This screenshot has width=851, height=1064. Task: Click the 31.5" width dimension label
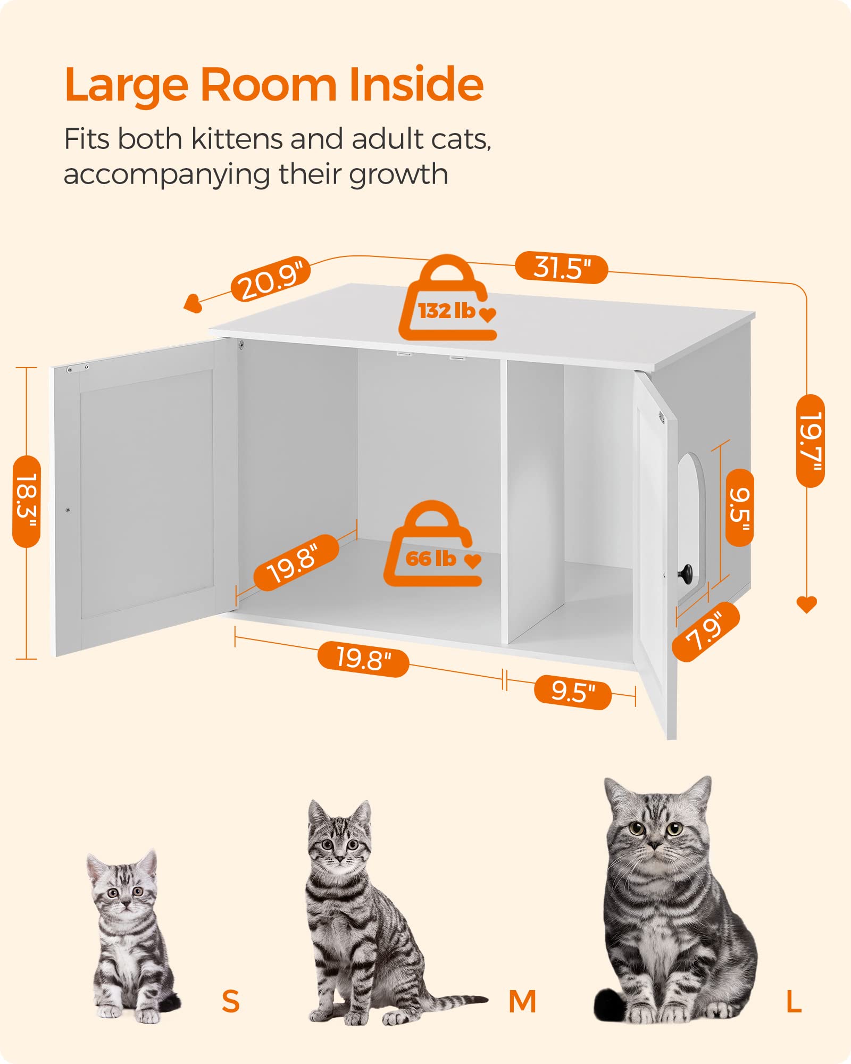(x=561, y=267)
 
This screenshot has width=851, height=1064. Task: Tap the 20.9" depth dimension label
(x=271, y=280)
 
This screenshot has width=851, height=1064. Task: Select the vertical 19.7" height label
(x=810, y=441)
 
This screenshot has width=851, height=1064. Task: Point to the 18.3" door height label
(x=27, y=502)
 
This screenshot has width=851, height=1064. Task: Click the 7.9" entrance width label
(x=706, y=632)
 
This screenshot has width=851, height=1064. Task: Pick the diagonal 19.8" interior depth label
(x=296, y=563)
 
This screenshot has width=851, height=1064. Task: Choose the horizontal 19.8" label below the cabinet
(x=363, y=660)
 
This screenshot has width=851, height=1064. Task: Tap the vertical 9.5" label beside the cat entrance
(x=739, y=508)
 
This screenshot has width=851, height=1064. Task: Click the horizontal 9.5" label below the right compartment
(x=573, y=692)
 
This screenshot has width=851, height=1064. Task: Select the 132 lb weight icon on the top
(x=448, y=301)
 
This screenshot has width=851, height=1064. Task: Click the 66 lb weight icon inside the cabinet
(x=432, y=546)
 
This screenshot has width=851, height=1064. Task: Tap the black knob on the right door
(x=686, y=572)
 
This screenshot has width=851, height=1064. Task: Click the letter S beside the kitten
(x=231, y=1001)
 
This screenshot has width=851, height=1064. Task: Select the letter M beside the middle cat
(x=522, y=1001)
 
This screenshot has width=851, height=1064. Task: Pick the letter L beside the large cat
(x=794, y=1001)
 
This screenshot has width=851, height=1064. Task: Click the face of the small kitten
(x=124, y=893)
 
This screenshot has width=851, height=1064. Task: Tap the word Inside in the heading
(x=416, y=85)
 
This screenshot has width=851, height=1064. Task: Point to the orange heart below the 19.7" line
(x=806, y=604)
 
